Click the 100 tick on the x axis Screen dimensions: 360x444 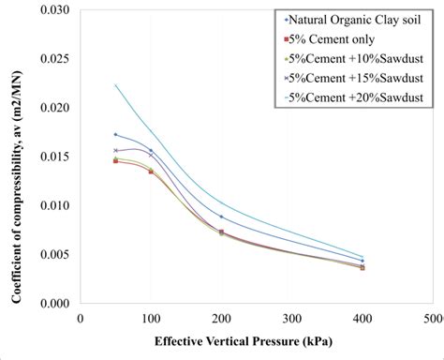151,320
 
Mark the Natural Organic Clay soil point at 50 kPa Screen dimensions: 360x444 115,134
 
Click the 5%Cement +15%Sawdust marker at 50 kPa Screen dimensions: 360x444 115,150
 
